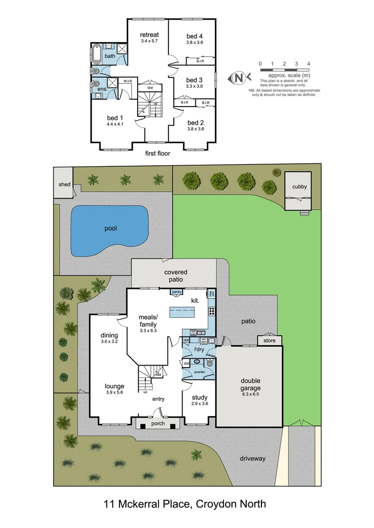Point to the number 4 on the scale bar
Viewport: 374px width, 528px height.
point(308,64)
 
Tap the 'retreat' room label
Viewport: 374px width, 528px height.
point(149,35)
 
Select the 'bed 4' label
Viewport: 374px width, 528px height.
point(194,36)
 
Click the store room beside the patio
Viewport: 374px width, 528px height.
point(270,340)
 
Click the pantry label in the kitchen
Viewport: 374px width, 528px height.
point(176,292)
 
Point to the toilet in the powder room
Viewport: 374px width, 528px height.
point(210,363)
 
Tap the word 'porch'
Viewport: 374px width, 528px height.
point(158,423)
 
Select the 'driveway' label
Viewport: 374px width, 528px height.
point(253,459)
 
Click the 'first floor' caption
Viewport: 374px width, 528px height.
point(158,154)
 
